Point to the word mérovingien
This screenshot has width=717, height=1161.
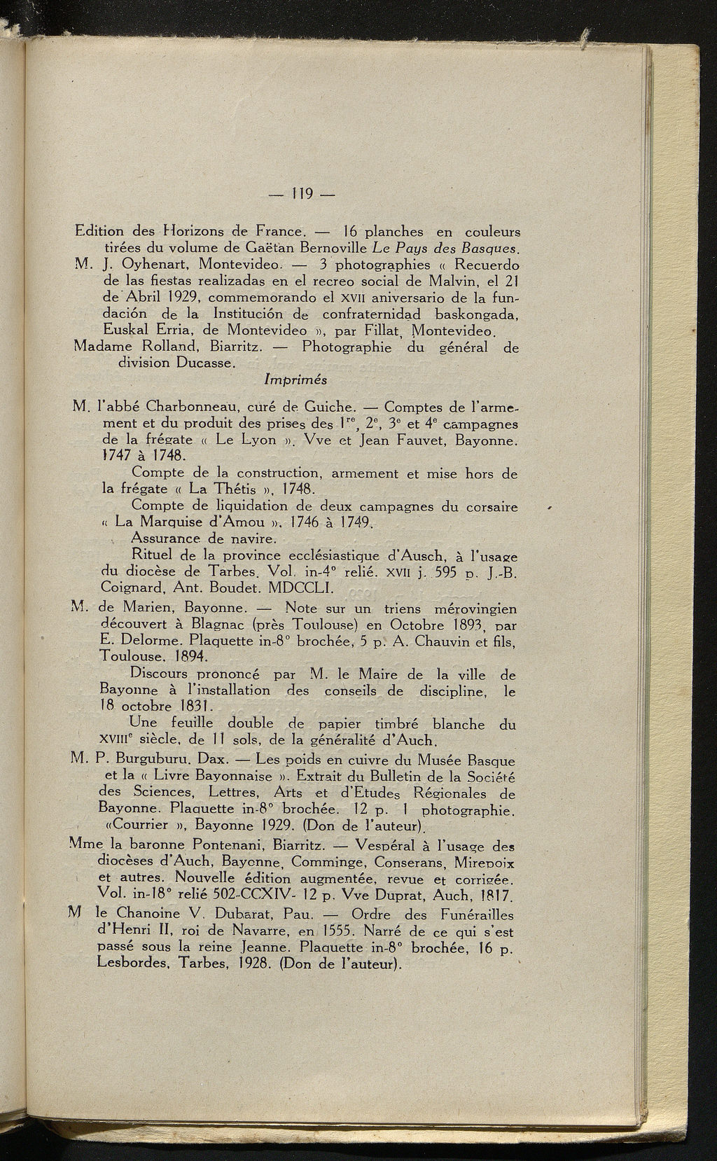point(475,608)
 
